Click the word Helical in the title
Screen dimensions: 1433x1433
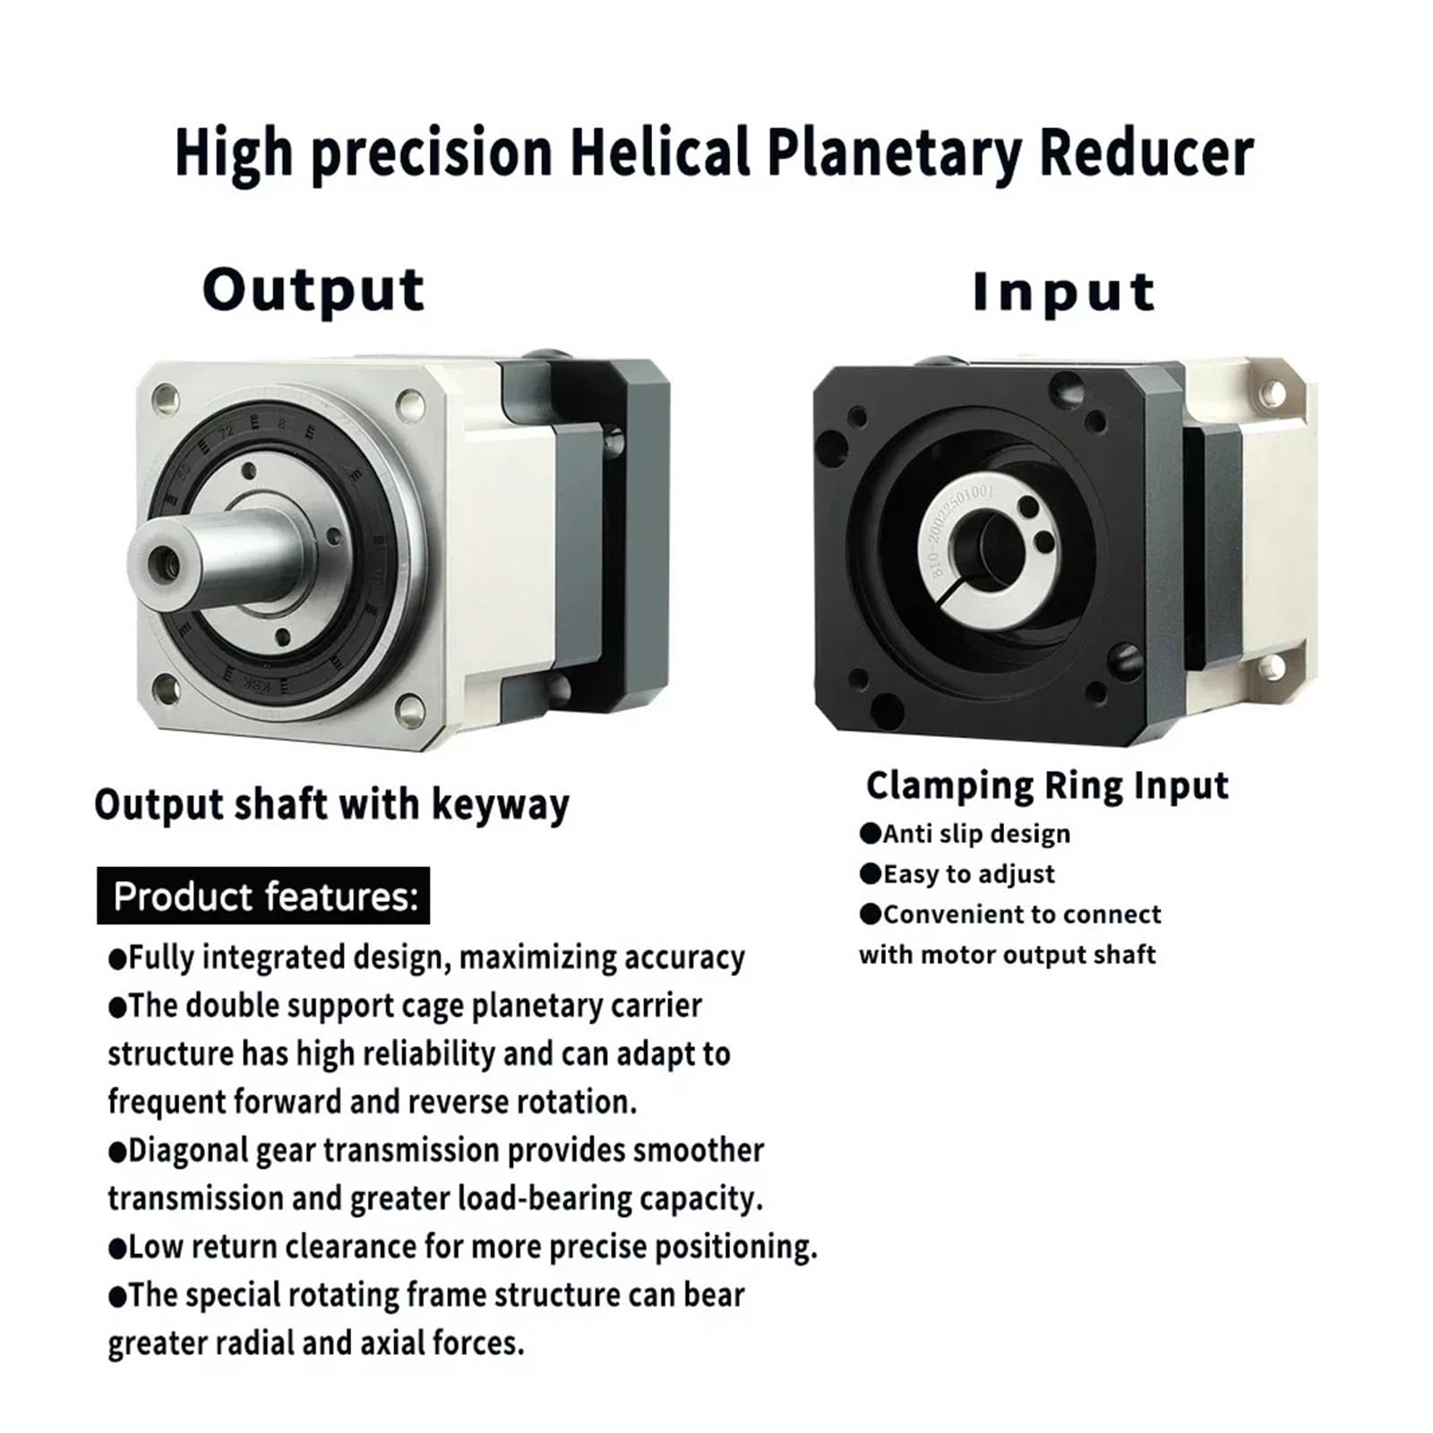(x=660, y=152)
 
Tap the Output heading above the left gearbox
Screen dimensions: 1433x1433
(x=313, y=290)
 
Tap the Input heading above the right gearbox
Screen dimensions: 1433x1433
(x=1063, y=292)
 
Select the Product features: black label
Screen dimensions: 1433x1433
(x=263, y=896)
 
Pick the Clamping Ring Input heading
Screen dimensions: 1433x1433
(x=1047, y=785)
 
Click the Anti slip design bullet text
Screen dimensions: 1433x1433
(x=976, y=834)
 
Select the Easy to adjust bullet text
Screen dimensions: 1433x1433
(x=968, y=874)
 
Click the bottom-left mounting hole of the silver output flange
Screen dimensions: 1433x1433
(x=166, y=689)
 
